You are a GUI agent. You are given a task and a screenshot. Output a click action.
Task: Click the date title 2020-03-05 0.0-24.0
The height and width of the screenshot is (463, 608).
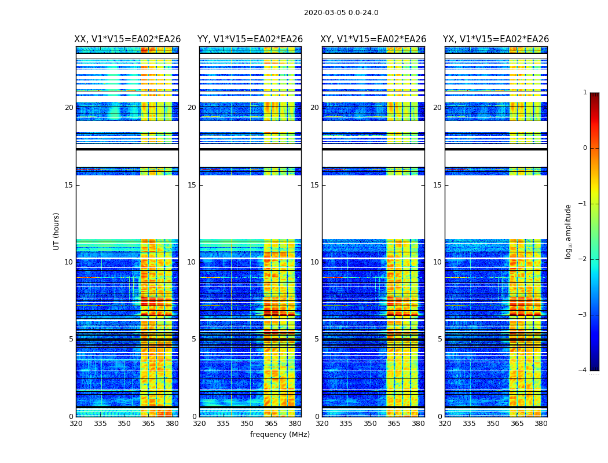coord(341,13)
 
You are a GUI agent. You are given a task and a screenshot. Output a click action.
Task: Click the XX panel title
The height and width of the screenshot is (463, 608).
coord(127,39)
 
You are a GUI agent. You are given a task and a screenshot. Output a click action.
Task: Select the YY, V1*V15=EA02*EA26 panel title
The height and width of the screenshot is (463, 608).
coord(250,39)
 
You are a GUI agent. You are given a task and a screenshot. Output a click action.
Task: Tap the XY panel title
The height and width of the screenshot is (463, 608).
coord(373,39)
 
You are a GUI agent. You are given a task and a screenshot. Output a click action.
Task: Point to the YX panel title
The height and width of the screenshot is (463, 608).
coord(496,39)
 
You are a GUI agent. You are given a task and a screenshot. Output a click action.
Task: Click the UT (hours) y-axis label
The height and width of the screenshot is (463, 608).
coord(57,231)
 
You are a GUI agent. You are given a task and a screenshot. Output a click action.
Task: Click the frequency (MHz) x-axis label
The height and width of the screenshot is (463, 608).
coord(280,435)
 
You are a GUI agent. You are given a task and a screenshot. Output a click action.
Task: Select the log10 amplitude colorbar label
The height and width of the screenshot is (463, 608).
coord(569,231)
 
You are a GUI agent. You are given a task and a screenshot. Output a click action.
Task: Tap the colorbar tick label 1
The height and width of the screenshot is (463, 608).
coord(585,93)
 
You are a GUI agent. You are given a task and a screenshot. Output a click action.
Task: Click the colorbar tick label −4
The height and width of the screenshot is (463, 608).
coord(583,370)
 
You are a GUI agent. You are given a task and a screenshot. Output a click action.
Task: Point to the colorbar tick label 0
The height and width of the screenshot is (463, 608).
coord(585,148)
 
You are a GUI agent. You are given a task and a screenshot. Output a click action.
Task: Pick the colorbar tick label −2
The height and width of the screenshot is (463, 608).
coord(583,259)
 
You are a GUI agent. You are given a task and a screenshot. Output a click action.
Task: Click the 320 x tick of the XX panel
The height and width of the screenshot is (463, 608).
coord(76,424)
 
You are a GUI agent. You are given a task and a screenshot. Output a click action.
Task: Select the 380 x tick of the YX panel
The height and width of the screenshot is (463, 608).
coord(541,424)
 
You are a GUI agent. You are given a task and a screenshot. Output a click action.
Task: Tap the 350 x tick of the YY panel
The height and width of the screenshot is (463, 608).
coord(247,424)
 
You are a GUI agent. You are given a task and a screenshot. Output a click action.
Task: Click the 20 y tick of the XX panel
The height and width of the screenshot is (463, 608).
coord(69,108)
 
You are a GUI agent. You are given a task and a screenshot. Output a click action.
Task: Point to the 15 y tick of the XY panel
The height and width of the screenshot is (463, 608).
coord(315,185)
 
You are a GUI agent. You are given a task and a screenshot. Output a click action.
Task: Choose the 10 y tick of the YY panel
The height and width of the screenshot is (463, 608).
coord(192,262)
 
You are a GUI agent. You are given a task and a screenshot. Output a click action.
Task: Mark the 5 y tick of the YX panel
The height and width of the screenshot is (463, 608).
coord(439,339)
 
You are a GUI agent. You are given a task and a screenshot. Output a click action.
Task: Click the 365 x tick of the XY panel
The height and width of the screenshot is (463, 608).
coord(394,424)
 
